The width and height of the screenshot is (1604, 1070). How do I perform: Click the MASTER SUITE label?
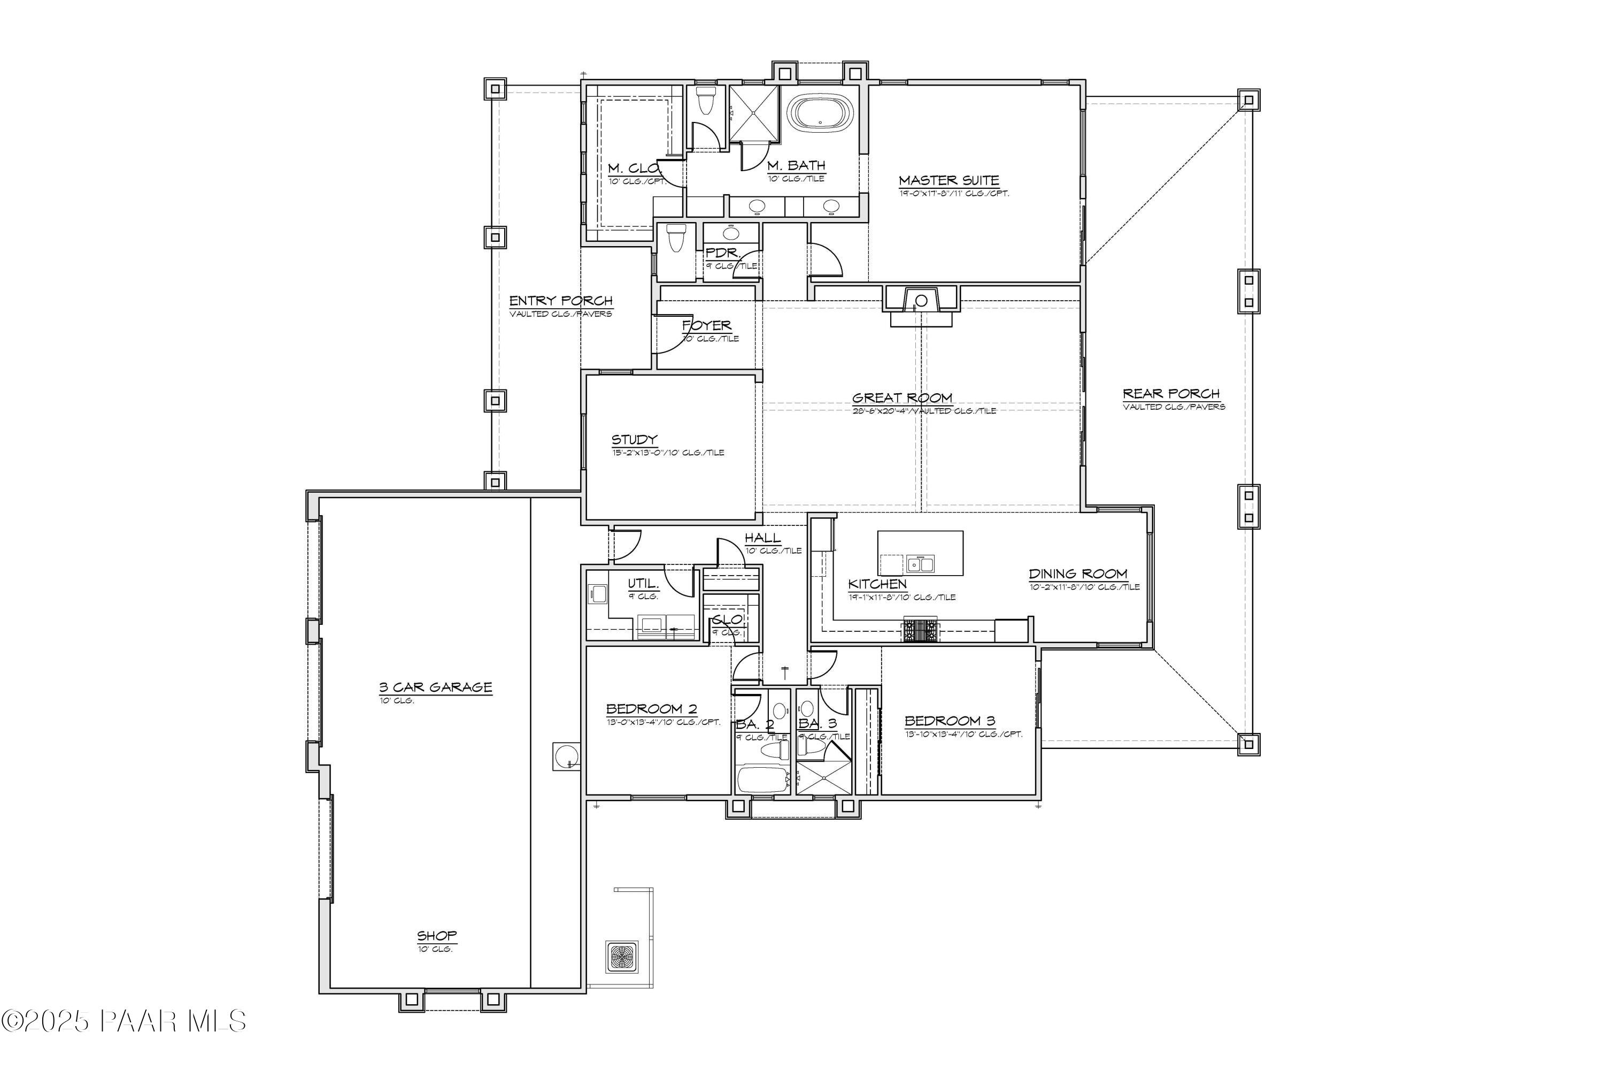point(948,181)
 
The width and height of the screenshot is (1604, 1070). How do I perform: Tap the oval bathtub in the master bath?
point(820,112)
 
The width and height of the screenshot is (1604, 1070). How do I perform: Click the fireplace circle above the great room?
point(921,300)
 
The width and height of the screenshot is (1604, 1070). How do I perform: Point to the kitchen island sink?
point(921,564)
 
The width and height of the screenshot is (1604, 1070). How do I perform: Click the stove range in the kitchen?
point(921,630)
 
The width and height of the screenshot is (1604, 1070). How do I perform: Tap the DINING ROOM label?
point(1077,574)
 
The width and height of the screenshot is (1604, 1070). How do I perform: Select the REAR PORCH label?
point(1171,394)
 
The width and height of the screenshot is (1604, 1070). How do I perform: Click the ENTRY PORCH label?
point(560,301)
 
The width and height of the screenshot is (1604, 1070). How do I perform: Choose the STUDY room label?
point(634,439)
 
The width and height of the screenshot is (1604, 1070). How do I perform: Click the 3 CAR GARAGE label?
point(436,687)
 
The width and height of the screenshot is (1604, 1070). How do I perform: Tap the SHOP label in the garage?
point(436,936)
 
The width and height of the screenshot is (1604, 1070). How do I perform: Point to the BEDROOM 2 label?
point(651,709)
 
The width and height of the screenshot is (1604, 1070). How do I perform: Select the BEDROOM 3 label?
point(950,721)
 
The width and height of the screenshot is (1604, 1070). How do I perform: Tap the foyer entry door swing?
point(672,338)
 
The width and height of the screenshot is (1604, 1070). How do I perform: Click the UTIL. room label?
point(643,584)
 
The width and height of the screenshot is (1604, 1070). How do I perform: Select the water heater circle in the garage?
point(565,756)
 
